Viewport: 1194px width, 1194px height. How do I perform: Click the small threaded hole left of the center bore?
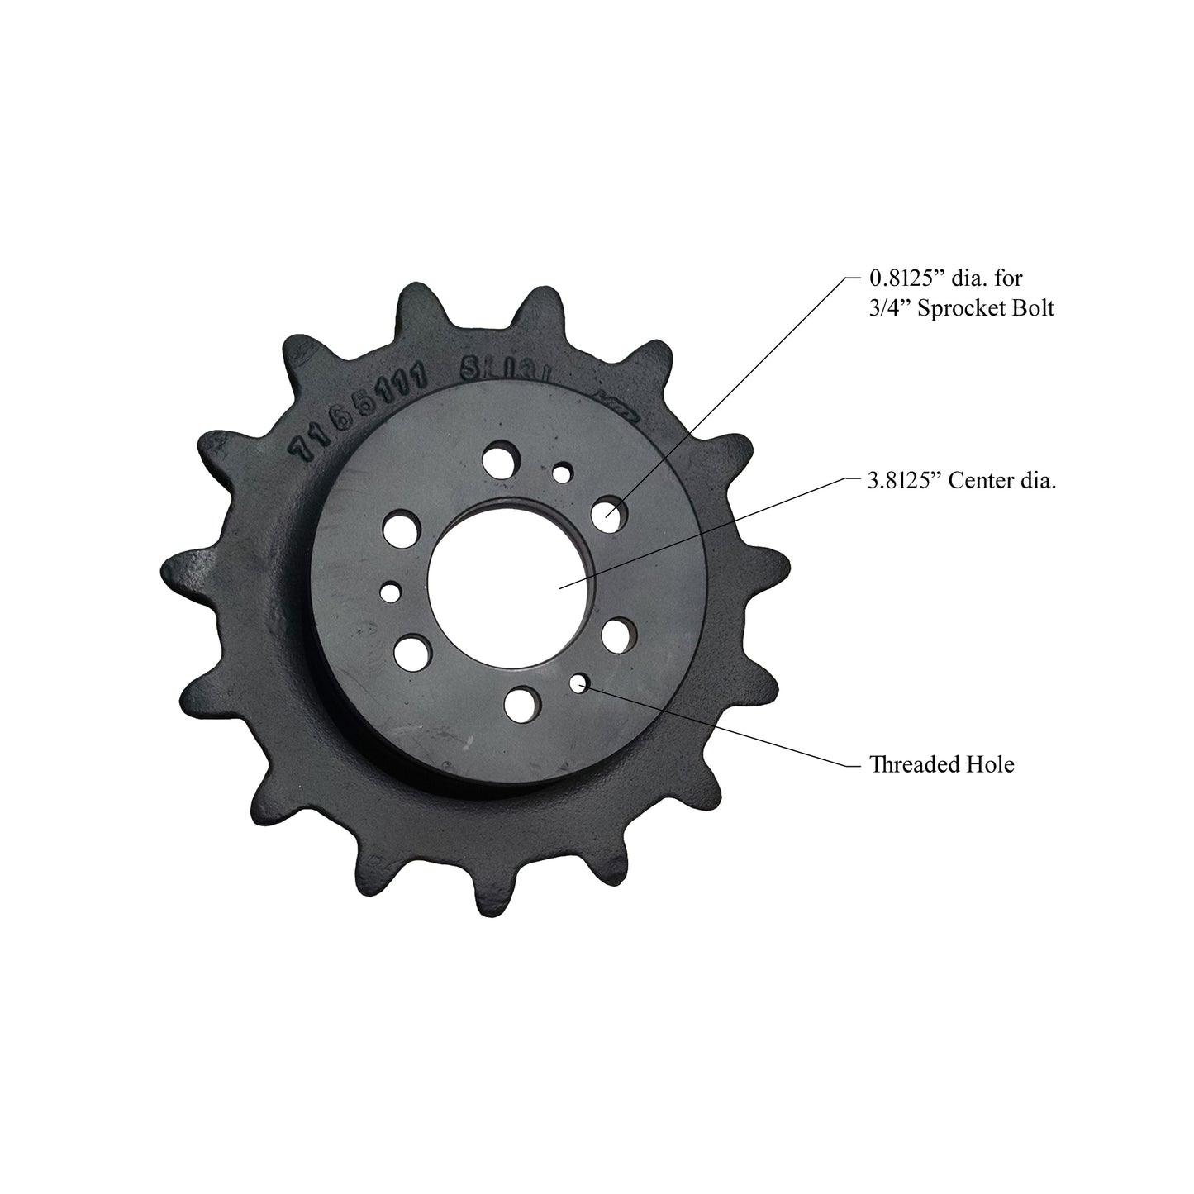[390, 592]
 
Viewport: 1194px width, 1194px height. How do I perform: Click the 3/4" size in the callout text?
[888, 310]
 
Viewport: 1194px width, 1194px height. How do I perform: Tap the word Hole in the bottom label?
[990, 764]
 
